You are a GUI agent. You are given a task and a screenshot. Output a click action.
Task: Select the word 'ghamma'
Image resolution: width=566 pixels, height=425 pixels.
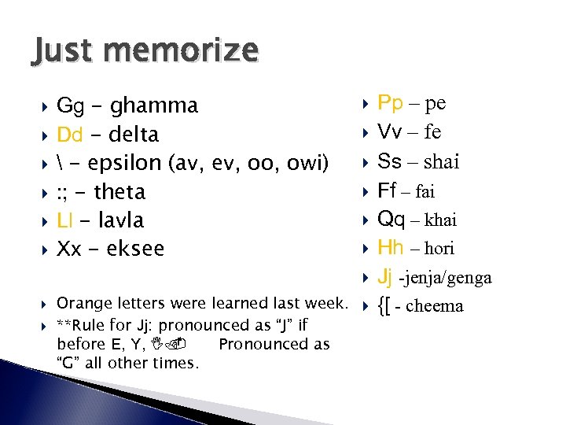pos(154,105)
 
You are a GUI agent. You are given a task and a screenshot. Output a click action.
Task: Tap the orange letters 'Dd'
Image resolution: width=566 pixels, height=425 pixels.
pos(70,135)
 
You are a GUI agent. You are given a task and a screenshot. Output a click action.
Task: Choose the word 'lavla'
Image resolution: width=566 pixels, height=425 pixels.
pos(117,220)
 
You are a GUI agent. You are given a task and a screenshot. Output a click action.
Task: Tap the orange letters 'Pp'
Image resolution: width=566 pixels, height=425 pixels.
pos(391,103)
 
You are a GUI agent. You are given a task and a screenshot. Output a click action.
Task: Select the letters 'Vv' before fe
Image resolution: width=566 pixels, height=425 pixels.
pos(390,132)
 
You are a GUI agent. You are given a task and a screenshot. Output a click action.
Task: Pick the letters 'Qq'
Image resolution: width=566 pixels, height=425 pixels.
pos(391,219)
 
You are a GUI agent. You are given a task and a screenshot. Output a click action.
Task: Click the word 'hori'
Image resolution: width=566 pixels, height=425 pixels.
pos(439,248)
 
